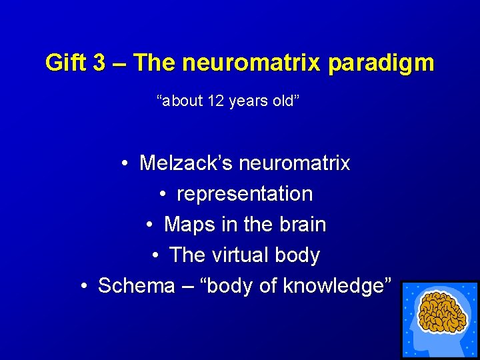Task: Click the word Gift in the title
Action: pyautogui.click(x=65, y=63)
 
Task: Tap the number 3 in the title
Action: pyautogui.click(x=99, y=63)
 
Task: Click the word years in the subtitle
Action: pyautogui.click(x=249, y=102)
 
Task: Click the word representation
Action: pyautogui.click(x=245, y=194)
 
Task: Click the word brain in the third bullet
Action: pyautogui.click(x=302, y=225)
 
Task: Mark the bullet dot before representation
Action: pyautogui.click(x=163, y=194)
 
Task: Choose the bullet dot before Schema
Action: pyautogui.click(x=84, y=286)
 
